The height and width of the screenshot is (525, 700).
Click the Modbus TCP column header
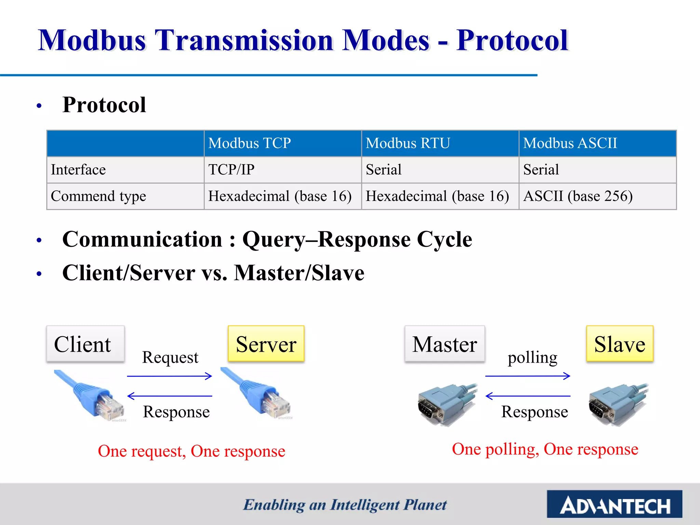coord(250,143)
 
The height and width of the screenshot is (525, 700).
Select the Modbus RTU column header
coord(408,143)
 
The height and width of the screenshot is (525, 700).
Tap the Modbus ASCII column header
coord(570,143)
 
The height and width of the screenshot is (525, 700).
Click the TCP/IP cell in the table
coord(231,170)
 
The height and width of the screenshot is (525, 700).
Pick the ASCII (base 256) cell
coord(578,196)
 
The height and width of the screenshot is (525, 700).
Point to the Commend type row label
coord(98,196)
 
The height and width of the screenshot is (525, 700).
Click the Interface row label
coord(78,170)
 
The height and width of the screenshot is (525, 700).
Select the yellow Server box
coord(266,344)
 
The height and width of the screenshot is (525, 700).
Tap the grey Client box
coord(85,344)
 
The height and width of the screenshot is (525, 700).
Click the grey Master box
coord(445,344)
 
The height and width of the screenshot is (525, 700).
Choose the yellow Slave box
coord(620,344)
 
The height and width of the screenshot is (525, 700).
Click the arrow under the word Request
coord(170,376)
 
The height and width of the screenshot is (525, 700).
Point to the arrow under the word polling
coord(528,376)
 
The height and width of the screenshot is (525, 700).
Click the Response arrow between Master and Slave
coord(528,396)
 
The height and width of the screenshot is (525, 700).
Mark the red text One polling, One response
coord(545,449)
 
